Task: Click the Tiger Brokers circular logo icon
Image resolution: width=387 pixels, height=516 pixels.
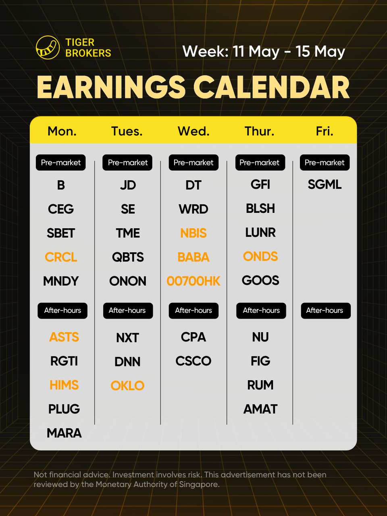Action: (48, 48)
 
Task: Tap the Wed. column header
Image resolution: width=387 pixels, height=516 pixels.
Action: (193, 131)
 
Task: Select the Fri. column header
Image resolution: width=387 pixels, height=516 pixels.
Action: (325, 131)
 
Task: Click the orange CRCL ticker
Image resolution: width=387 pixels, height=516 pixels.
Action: (61, 257)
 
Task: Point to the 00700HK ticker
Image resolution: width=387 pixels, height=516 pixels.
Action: (193, 281)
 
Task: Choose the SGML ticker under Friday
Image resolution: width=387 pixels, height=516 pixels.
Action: (325, 184)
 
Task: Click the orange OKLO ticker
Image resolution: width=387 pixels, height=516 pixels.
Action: (127, 385)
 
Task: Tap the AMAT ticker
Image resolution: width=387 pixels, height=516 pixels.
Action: (260, 409)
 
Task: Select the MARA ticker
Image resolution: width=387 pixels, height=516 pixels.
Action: (64, 433)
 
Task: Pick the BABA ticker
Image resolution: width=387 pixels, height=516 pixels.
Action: (193, 257)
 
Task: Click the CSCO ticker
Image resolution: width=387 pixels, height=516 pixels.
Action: (193, 361)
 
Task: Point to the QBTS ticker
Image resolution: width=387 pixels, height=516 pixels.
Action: (128, 257)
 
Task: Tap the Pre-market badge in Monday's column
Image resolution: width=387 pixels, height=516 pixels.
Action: (60, 162)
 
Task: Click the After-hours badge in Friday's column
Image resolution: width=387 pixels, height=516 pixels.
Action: (326, 310)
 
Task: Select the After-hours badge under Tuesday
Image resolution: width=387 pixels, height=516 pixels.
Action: (128, 310)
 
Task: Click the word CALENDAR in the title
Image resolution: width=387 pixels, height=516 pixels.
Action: (271, 87)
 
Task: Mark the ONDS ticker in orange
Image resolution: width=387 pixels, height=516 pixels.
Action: (260, 256)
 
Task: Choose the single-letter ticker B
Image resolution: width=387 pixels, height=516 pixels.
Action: (61, 185)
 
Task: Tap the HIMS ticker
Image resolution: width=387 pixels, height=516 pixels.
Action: (64, 385)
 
